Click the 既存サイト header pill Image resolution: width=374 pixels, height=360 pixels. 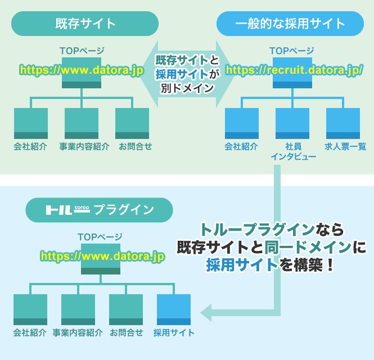point(85,24)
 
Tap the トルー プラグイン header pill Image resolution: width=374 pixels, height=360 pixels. point(99,210)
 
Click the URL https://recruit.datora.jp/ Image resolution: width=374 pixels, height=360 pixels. point(294,71)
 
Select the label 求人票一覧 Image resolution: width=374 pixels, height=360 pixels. point(343,147)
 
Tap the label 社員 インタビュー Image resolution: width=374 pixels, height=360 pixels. point(292,151)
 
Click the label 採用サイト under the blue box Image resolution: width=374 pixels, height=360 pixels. point(174,332)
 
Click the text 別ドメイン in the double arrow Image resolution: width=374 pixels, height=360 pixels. point(186,87)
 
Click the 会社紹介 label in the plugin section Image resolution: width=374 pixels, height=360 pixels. point(29,332)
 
